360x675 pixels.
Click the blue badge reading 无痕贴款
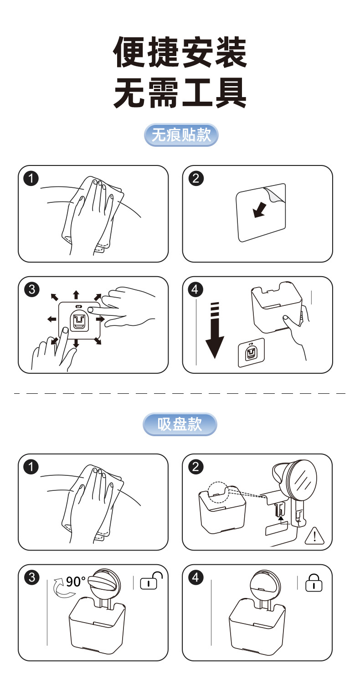pos(181,135)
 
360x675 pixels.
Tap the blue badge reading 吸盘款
pos(180,424)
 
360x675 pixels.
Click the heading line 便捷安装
pos(180,52)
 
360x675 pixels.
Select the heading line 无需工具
pos(180,92)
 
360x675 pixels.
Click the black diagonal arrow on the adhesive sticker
pos(259,210)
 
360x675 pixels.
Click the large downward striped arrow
pos(215,330)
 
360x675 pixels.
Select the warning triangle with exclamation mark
pos(314,536)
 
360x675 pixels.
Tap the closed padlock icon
pos(314,582)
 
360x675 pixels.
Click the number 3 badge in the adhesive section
pos(31,289)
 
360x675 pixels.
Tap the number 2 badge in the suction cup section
pos(196,467)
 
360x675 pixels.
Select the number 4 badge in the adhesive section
pos(195,289)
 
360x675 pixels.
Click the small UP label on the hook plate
pos(79,306)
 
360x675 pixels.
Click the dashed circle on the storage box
pos(218,492)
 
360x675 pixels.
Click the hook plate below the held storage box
pos(251,353)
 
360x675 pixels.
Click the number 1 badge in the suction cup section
pos(31,467)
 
